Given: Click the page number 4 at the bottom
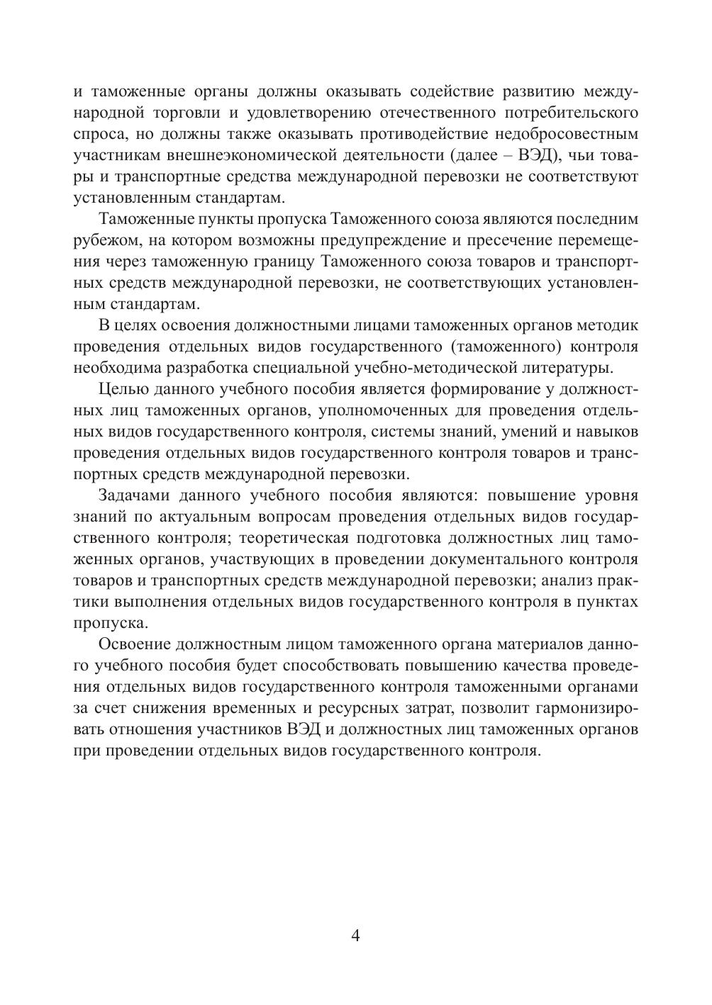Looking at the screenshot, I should coord(355,936).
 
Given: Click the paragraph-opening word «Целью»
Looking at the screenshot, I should coord(124,389).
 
